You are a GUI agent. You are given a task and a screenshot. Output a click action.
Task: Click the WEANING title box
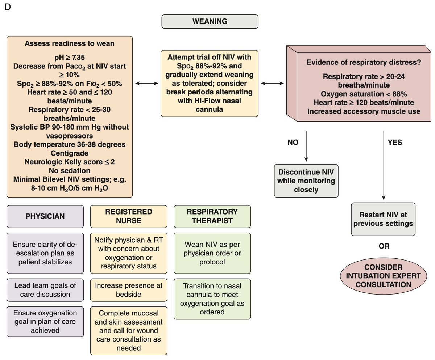pos(210,21)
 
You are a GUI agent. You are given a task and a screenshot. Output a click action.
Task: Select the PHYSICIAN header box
pos(45,216)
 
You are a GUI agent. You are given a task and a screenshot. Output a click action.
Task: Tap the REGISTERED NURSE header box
pos(129,216)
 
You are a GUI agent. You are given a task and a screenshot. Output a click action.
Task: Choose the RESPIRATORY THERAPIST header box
pos(212,216)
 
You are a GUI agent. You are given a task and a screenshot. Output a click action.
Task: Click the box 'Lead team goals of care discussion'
pos(45,289)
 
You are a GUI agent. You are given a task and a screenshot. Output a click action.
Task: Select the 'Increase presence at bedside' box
pos(129,289)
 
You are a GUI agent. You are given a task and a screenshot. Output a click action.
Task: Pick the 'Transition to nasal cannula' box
pos(212,298)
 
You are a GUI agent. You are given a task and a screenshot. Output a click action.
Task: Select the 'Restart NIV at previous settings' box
pos(383,219)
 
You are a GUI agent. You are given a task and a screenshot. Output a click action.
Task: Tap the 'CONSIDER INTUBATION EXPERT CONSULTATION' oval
pos(383,275)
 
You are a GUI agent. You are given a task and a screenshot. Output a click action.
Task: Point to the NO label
pos(293,142)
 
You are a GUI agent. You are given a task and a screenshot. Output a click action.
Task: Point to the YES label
pos(395,142)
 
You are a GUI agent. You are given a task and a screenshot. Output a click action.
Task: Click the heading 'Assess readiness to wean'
pos(70,44)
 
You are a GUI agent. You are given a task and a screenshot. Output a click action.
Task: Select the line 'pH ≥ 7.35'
pos(70,58)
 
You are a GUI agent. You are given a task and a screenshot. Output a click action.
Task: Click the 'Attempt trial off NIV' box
pos(210,83)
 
